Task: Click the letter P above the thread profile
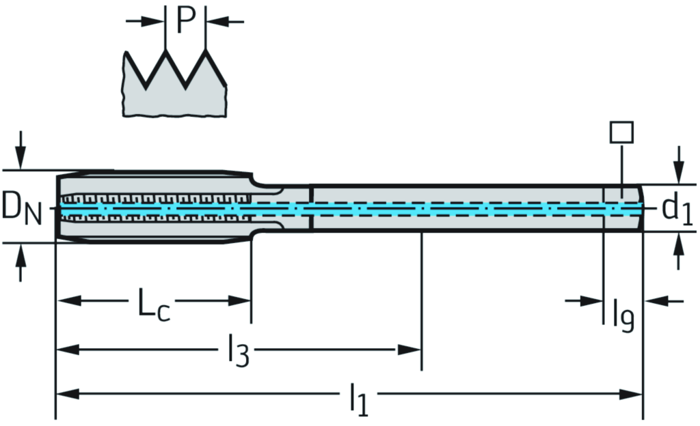coord(185,20)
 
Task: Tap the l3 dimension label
coord(237,352)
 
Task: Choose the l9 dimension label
coord(623,315)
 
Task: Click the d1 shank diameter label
coord(677,211)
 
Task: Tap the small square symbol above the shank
coord(621,132)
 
